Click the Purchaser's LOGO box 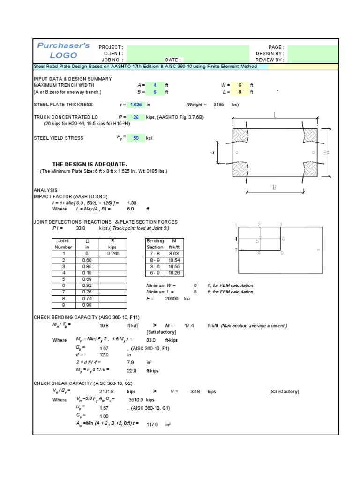(63, 51)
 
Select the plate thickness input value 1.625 (136, 105)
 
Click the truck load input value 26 (136, 117)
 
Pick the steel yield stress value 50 (136, 138)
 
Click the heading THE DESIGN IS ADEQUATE (90, 164)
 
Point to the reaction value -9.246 (113, 253)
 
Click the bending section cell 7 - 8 (155, 253)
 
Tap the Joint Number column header (63, 243)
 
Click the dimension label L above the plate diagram (276, 114)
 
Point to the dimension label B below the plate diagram (275, 187)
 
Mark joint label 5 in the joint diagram (257, 241)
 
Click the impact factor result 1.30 (132, 202)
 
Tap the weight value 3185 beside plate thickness (218, 105)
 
